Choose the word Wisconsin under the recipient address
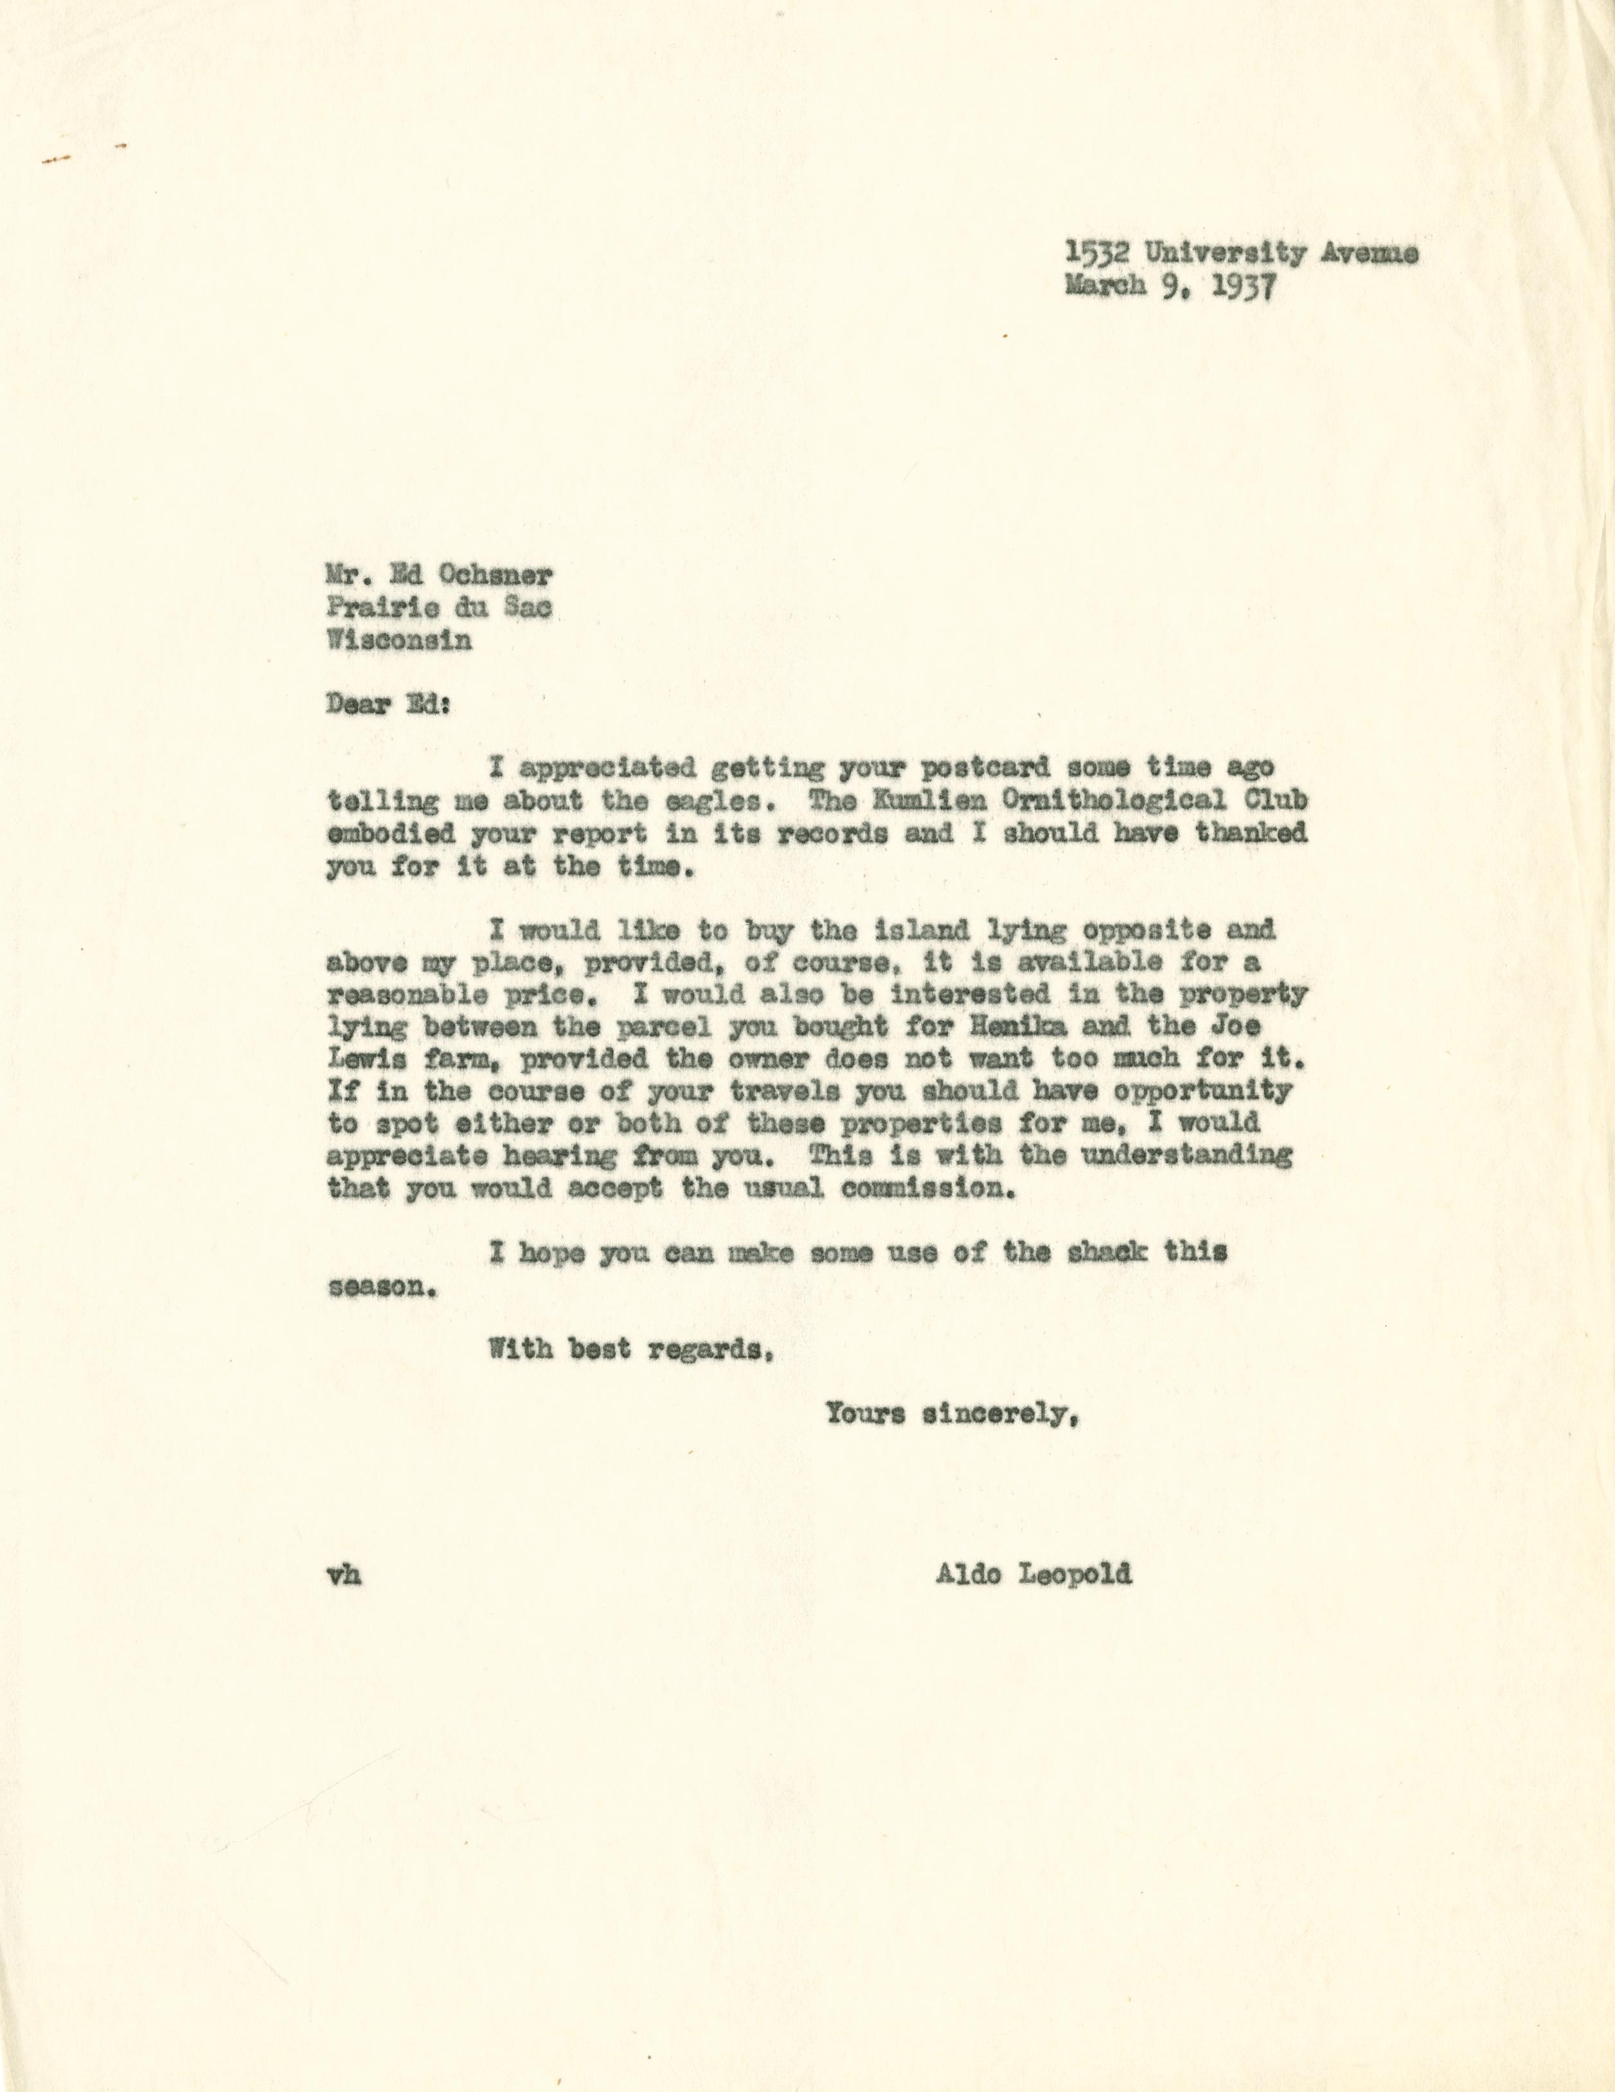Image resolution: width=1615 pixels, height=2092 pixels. pos(398,640)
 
